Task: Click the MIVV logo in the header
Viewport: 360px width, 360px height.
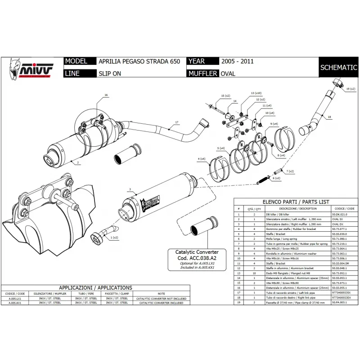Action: pos(31,68)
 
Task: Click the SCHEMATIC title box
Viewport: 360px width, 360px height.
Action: pos(338,67)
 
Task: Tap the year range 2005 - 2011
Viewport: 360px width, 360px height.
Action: pos(237,62)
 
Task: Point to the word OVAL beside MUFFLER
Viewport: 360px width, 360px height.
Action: pos(228,73)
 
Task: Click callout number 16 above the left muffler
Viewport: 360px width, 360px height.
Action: pos(106,95)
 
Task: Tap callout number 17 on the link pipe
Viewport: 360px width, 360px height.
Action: pos(177,122)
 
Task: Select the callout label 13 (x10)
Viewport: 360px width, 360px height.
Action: pos(256,92)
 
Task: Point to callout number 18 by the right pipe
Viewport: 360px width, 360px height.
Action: pos(329,117)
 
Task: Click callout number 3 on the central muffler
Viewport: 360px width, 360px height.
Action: pos(129,189)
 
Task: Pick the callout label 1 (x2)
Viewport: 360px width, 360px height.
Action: pos(114,237)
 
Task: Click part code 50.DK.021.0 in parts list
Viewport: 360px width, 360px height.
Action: pos(339,215)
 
